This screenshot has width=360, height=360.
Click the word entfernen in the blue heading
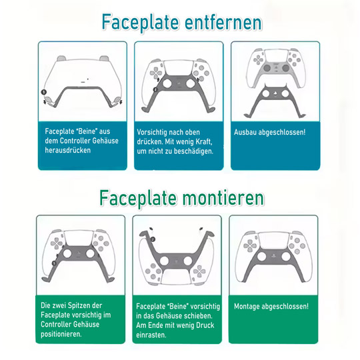tap(223, 22)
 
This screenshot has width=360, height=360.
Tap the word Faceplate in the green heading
tap(138, 198)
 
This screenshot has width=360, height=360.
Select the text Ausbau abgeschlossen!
tap(269, 132)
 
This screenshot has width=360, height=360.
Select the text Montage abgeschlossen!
tap(271, 306)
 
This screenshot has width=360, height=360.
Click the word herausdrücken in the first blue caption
tap(68, 150)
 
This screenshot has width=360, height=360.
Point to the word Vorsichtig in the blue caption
tap(151, 133)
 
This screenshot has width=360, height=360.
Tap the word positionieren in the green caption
tap(61, 334)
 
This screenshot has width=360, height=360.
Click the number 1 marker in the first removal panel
tap(43, 92)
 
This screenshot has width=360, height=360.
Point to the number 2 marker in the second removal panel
tap(155, 89)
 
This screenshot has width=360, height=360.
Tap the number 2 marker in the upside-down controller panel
tap(153, 239)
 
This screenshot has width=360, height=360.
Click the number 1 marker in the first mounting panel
tap(54, 263)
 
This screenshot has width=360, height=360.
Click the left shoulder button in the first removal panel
tap(61, 58)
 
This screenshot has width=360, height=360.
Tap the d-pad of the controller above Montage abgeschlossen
tap(250, 246)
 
